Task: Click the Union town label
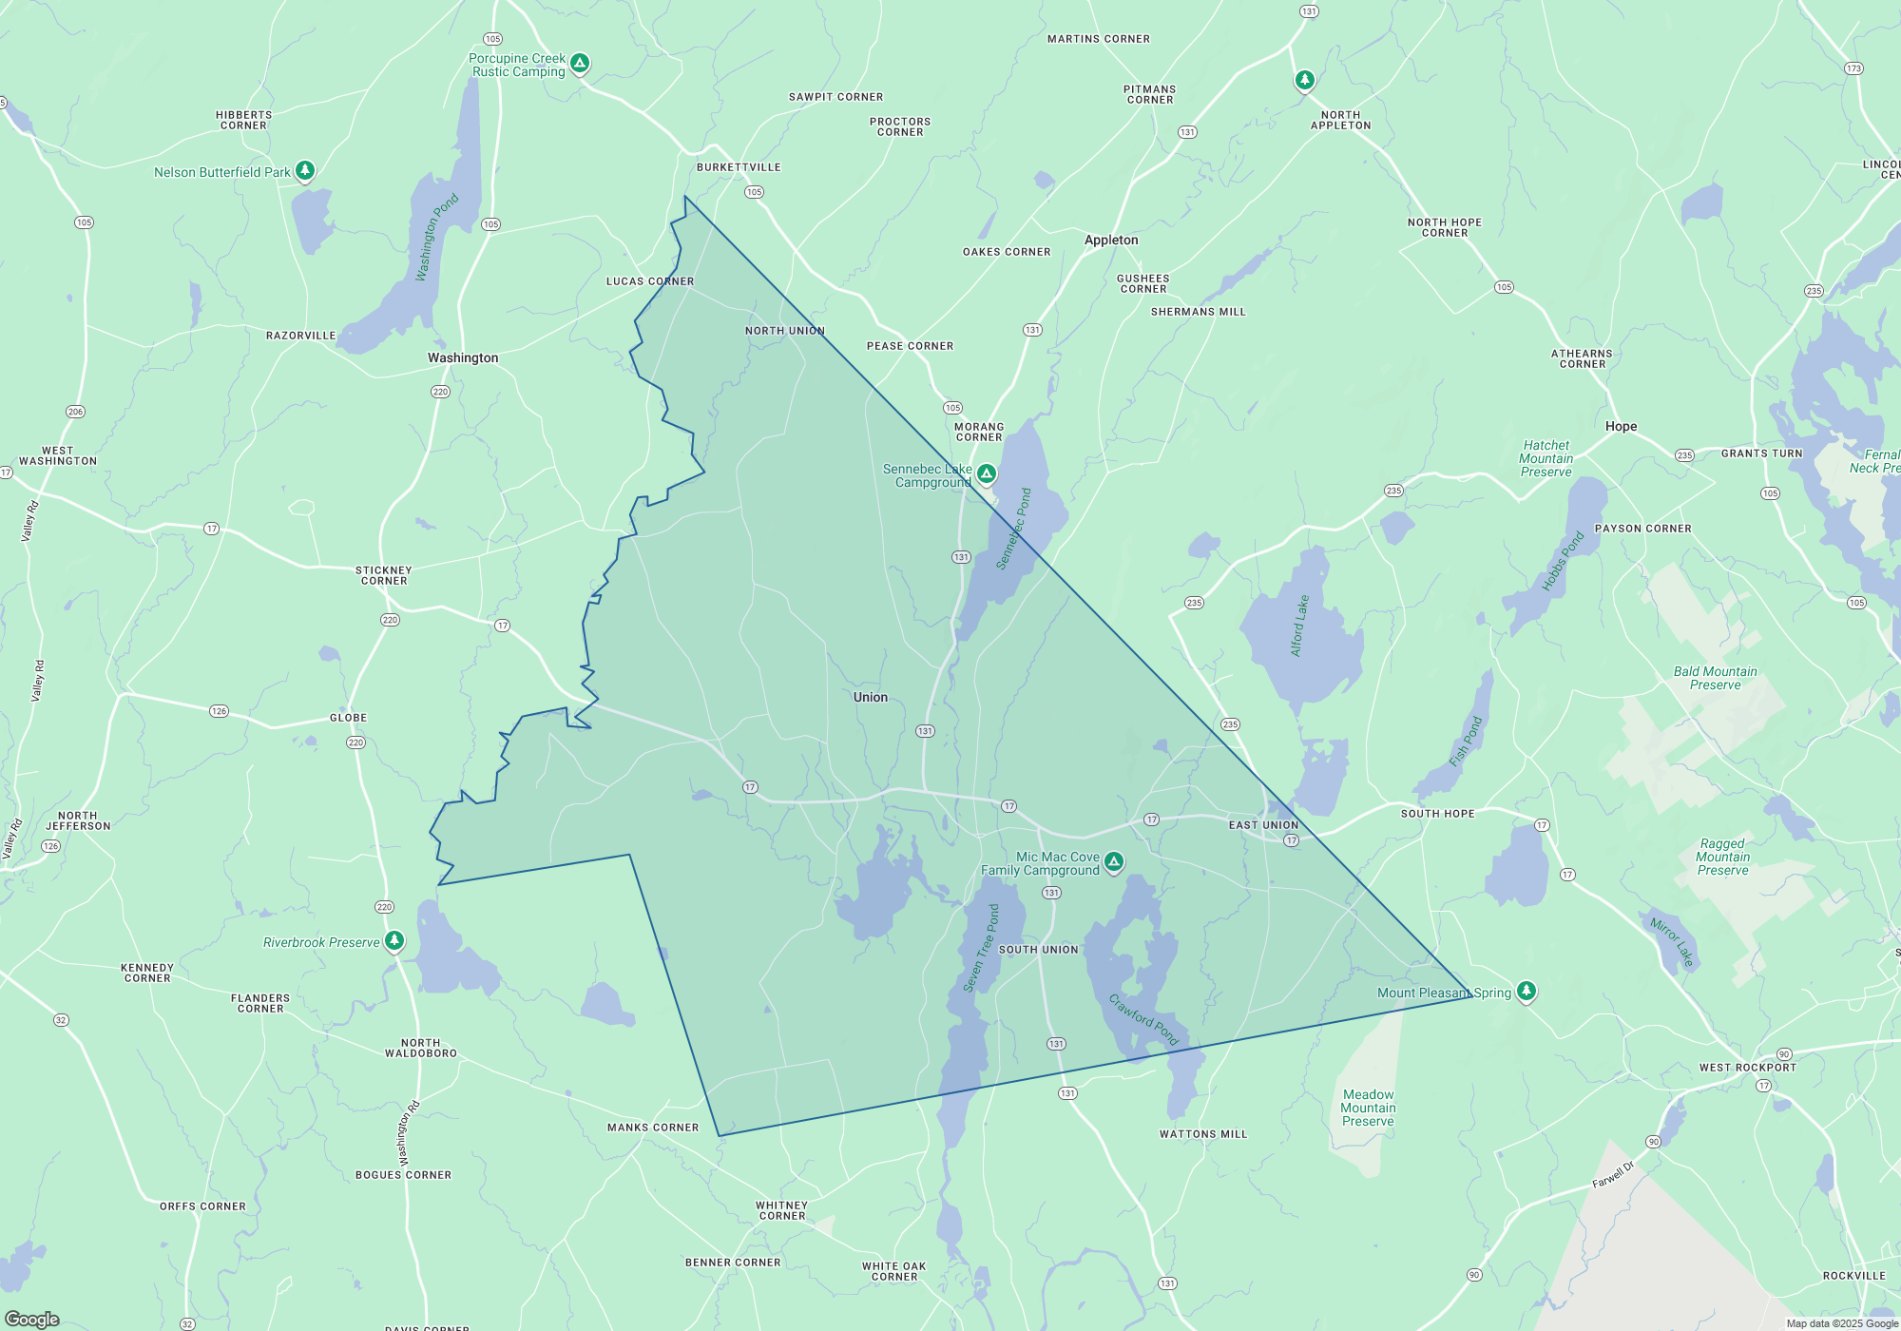870,697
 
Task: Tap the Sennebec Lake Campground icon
987,473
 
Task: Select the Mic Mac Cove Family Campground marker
1113,861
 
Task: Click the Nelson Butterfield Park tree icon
304,170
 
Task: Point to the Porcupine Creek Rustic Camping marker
580,64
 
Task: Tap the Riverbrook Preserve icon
394,941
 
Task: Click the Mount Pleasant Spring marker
1526,991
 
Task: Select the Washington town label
463,357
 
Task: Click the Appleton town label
1111,240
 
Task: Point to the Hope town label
1621,426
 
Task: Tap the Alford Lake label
1298,626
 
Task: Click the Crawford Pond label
1143,1019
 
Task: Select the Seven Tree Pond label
981,948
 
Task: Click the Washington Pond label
436,237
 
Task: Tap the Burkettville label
739,167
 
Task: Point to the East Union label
1263,825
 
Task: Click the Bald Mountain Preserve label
1715,678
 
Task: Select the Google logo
32,1319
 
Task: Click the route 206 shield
75,412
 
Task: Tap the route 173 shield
1853,68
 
